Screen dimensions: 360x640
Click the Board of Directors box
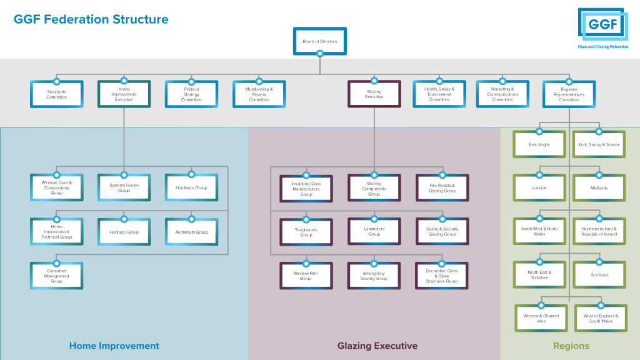[319, 41]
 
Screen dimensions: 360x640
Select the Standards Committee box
[56, 94]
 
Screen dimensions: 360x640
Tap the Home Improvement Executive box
[124, 94]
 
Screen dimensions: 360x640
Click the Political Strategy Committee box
[191, 94]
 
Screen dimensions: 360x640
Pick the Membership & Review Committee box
[259, 94]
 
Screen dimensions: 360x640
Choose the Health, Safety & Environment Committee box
[439, 94]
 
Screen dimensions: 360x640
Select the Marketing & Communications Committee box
[502, 94]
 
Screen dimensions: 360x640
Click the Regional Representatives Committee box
[569, 94]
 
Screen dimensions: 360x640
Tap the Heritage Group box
[124, 232]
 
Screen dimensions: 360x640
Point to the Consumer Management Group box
[56, 276]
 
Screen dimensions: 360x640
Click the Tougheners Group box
[306, 232]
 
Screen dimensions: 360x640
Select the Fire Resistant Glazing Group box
[442, 188]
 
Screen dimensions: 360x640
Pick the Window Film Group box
[306, 276]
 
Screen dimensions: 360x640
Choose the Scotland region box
[599, 275]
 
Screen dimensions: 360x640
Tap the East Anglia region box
[539, 144]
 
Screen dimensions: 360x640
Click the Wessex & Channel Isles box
[541, 319]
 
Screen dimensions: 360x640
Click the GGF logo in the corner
[601, 28]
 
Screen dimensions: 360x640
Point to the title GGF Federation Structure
[91, 19]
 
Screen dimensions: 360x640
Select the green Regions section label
[571, 346]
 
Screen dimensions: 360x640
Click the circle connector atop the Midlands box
[599, 175]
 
